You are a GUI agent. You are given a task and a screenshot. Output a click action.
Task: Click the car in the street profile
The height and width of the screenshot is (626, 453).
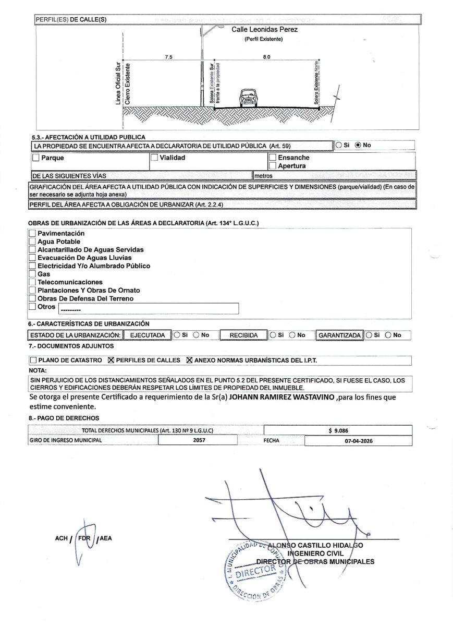click(246, 98)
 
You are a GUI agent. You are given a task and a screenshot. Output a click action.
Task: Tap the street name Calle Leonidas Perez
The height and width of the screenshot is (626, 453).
click(264, 30)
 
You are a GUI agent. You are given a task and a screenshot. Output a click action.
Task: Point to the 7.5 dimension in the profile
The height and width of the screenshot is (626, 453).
click(168, 56)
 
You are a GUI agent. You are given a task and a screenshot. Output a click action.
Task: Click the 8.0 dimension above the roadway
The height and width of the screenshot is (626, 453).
click(267, 56)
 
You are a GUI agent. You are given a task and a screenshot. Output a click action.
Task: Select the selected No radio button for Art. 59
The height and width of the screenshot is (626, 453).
click(358, 145)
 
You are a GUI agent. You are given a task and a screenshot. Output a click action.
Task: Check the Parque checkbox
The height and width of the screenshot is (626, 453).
click(36, 158)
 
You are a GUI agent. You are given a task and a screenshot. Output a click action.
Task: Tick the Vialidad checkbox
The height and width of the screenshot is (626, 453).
click(154, 157)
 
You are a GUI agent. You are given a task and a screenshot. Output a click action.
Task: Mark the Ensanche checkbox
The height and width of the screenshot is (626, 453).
click(272, 157)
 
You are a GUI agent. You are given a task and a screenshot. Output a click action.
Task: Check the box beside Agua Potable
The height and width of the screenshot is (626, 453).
click(32, 242)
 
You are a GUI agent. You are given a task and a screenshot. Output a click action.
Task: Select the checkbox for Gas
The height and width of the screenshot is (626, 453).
click(32, 274)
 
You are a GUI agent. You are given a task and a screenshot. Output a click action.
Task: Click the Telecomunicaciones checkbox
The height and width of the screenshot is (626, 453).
click(32, 282)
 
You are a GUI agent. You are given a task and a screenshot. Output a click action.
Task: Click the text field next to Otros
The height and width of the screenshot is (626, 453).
click(149, 309)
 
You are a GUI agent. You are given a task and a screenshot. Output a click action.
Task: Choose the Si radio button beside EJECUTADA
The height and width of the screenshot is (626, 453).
click(177, 335)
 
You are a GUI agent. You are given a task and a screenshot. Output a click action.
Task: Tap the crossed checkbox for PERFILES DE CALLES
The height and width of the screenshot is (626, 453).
click(110, 360)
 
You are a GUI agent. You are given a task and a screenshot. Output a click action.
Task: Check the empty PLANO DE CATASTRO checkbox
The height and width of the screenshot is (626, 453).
click(34, 360)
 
